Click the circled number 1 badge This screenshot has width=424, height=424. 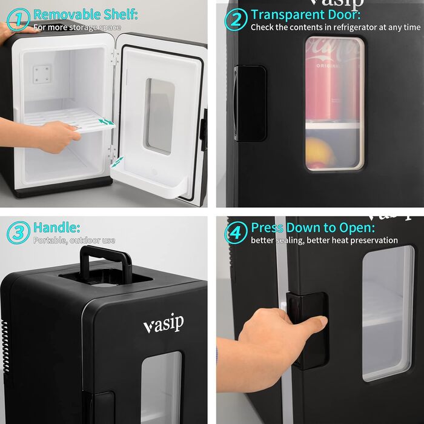pyautogui.click(x=18, y=19)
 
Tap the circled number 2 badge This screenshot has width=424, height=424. pyautogui.click(x=236, y=19)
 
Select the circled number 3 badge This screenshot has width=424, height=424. pyautogui.click(x=18, y=233)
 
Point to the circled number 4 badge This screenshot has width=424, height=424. pyautogui.click(x=236, y=233)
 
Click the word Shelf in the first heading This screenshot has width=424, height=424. pyautogui.click(x=121, y=15)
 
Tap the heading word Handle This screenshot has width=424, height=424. pyautogui.click(x=56, y=227)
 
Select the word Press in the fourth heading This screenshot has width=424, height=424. pyautogui.click(x=267, y=228)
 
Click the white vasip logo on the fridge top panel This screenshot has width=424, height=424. pyautogui.click(x=164, y=323)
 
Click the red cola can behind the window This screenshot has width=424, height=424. pyautogui.click(x=333, y=81)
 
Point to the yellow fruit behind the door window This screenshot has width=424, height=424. pyautogui.click(x=320, y=151)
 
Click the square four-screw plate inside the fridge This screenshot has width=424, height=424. pyautogui.click(x=41, y=74)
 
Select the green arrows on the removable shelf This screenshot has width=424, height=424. pyautogui.click(x=106, y=122)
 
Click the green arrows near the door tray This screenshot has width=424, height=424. pyautogui.click(x=118, y=162)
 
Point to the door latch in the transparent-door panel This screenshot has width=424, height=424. pyautogui.click(x=250, y=104)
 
